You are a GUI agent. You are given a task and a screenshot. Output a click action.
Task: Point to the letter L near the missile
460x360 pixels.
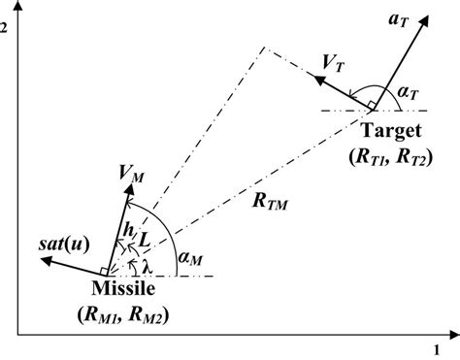144,239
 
